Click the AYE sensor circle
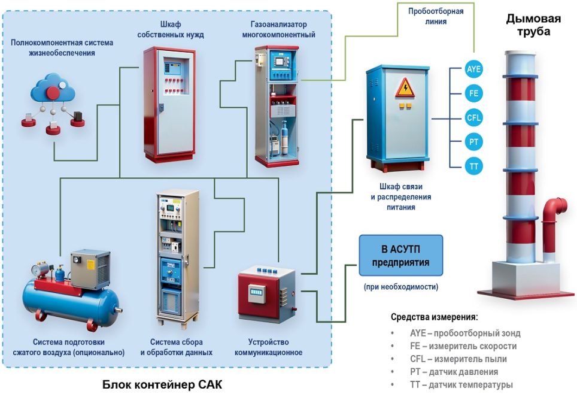(x=473, y=69)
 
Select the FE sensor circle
(x=473, y=93)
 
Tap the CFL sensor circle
(x=473, y=117)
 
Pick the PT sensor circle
(x=473, y=141)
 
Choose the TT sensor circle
(x=473, y=165)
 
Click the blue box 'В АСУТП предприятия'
(x=400, y=255)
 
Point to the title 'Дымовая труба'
(x=533, y=25)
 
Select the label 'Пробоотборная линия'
(x=436, y=16)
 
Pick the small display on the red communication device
(x=257, y=292)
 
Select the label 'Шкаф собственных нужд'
(x=170, y=29)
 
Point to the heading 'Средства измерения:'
(x=434, y=317)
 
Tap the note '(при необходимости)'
(x=400, y=287)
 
